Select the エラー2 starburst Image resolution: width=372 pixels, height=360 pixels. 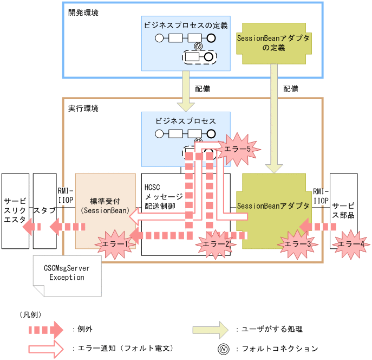tap(216, 245)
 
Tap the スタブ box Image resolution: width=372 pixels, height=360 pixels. tap(44, 209)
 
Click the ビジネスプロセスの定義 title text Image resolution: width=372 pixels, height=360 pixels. tap(186, 25)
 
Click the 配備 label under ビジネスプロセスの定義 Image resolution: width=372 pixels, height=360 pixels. tap(202, 88)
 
